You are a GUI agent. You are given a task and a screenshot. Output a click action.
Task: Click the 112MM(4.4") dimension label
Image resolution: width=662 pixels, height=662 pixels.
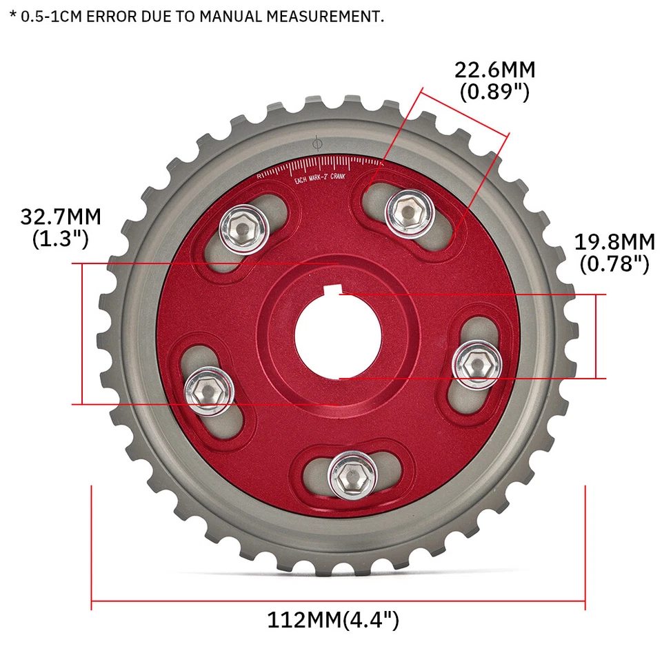[333, 619]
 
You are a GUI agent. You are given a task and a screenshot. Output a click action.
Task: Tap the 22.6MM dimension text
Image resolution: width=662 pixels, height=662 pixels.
[494, 70]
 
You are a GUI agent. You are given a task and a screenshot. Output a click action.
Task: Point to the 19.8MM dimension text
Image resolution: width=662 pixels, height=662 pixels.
[614, 242]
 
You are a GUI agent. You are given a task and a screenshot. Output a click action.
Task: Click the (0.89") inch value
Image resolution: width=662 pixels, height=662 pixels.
[494, 92]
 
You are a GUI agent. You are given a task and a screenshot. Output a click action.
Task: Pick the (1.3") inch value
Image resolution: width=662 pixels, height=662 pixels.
[61, 239]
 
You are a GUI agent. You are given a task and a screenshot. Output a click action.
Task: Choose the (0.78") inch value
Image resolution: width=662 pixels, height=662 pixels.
[614, 263]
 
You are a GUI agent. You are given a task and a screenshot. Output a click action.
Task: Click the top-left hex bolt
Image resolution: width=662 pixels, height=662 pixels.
[243, 228]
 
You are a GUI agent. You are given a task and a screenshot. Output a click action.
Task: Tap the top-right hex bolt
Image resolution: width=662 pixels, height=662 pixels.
[407, 210]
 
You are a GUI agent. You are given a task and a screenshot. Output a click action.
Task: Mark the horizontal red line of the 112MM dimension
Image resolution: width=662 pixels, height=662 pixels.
[338, 600]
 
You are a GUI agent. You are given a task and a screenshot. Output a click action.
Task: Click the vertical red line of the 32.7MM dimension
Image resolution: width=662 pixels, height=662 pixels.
[82, 333]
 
